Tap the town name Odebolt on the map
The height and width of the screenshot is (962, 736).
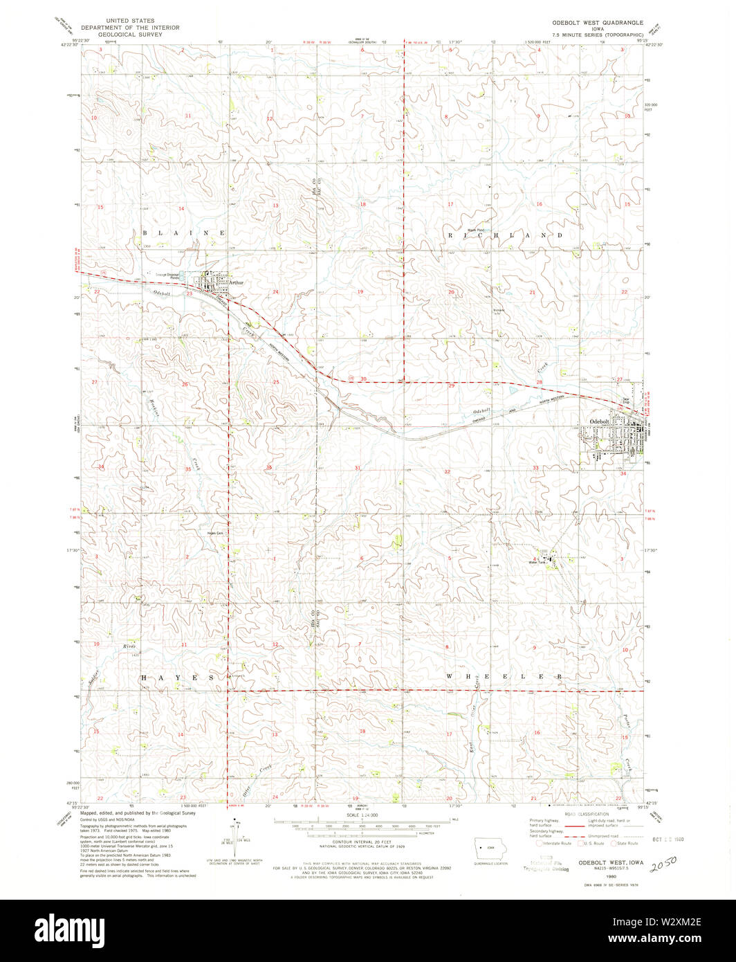(598, 421)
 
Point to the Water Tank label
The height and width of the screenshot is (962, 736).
(533, 562)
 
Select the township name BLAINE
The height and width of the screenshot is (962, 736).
(184, 233)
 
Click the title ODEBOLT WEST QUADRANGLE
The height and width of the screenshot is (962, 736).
(594, 23)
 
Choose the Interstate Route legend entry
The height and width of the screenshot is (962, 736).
(553, 843)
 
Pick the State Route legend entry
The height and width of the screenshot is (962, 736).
(625, 843)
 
